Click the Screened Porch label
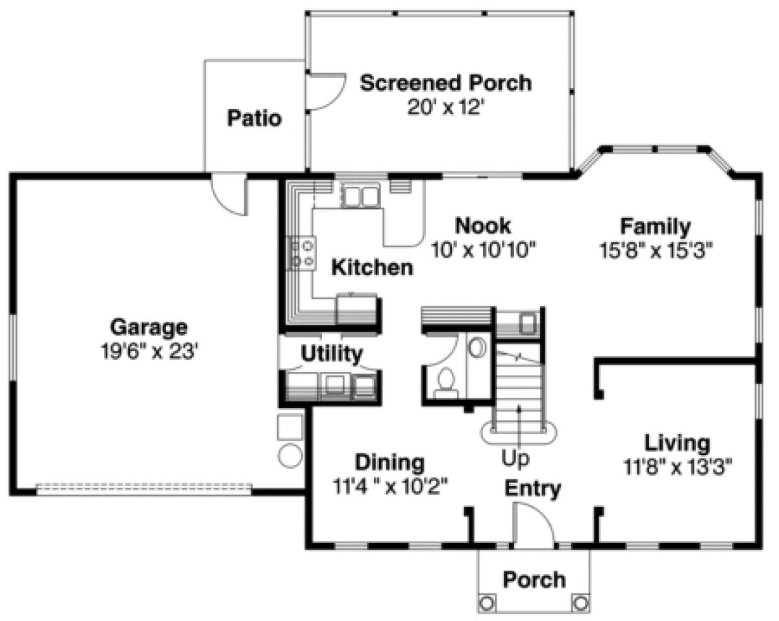pyautogui.click(x=445, y=83)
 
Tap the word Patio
pyautogui.click(x=254, y=118)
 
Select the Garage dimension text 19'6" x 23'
pyautogui.click(x=149, y=351)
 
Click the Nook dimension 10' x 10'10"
pyautogui.click(x=483, y=250)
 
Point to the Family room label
pyautogui.click(x=656, y=227)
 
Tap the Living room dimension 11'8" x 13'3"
pyautogui.click(x=677, y=467)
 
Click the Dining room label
pyautogui.click(x=390, y=463)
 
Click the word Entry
pyautogui.click(x=532, y=489)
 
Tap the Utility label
pyautogui.click(x=332, y=354)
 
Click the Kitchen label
pyautogui.click(x=372, y=267)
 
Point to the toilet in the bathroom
pyautogui.click(x=446, y=384)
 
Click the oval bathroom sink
pyautogui.click(x=478, y=347)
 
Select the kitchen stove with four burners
pyautogui.click(x=301, y=253)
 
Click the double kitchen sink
pyautogui.click(x=360, y=196)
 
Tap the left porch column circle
pyautogui.click(x=487, y=603)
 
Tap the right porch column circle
pyautogui.click(x=580, y=603)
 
